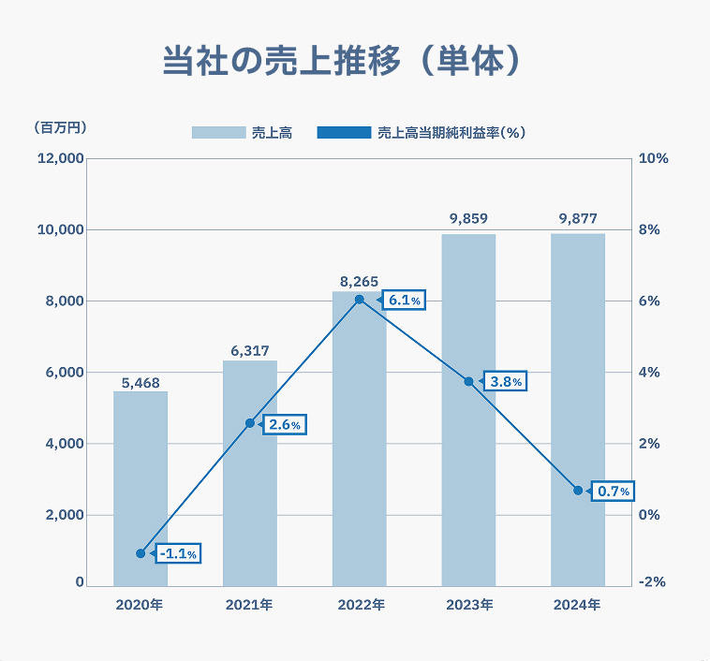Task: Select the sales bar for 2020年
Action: pos(141,487)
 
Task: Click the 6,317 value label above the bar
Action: pos(250,351)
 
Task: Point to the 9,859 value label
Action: pos(468,219)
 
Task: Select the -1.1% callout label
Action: pos(177,553)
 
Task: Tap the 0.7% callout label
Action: pos(614,491)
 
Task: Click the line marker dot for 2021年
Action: pos(250,423)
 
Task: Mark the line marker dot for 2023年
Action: pos(468,381)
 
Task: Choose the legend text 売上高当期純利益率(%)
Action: pos(451,133)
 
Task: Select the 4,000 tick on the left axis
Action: pos(64,444)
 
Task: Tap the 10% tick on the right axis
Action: pos(652,158)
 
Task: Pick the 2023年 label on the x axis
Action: pos(468,606)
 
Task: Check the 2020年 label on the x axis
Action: pos(141,606)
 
